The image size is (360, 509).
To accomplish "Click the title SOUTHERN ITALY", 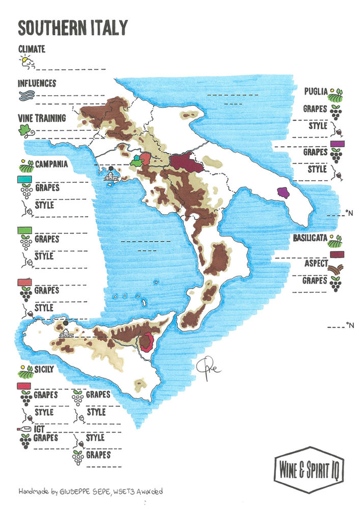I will point(72,28).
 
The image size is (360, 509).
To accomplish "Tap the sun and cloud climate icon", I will point(26,63).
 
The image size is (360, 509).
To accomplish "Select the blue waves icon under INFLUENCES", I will point(25,96).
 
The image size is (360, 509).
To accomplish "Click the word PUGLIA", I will point(315,92).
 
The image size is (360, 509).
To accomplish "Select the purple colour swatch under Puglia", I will point(336,145).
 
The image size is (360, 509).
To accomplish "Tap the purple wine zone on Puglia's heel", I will point(283,192).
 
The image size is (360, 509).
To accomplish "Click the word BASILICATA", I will point(311,238).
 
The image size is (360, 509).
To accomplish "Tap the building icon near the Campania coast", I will point(111,176).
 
